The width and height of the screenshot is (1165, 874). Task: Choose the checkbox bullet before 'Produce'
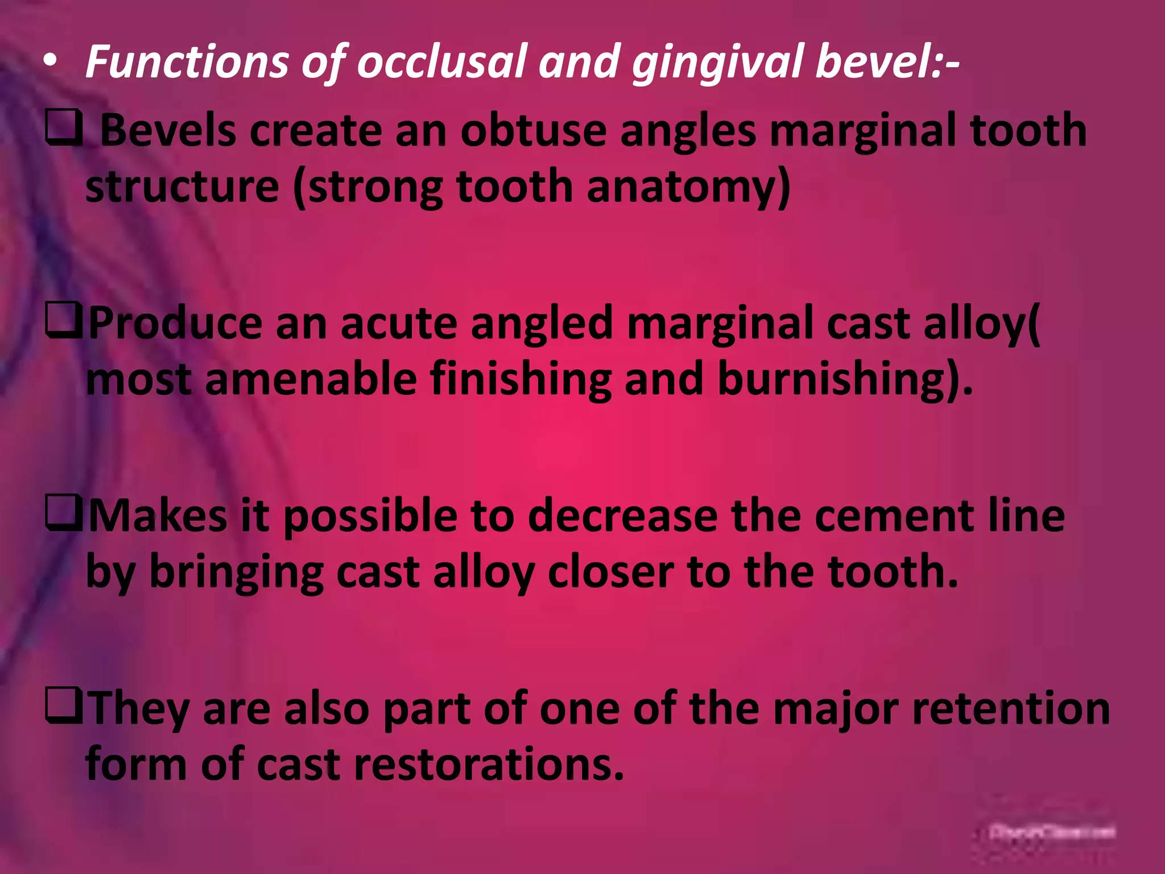click(64, 322)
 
